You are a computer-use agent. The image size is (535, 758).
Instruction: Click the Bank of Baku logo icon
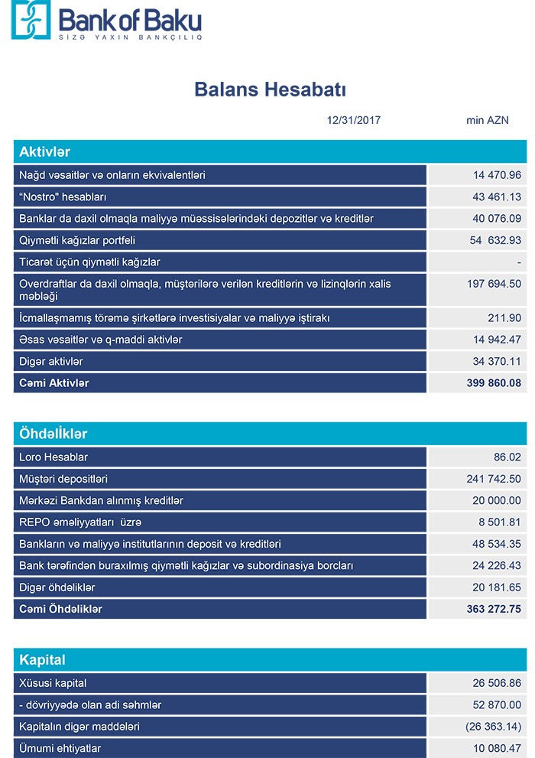30,21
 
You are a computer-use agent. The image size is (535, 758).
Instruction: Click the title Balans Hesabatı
271,90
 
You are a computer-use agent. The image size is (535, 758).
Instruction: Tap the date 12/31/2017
353,120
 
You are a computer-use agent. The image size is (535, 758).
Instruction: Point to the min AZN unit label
487,120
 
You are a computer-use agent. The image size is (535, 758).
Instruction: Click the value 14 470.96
497,175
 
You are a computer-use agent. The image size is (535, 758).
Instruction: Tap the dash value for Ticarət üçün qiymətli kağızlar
518,262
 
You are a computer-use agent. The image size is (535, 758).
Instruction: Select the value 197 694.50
494,284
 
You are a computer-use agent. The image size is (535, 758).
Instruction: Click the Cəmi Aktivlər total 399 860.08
494,382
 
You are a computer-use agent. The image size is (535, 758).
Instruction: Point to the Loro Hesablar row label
53,457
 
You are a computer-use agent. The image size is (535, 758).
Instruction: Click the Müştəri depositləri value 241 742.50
494,479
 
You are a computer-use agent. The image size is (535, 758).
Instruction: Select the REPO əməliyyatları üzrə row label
80,522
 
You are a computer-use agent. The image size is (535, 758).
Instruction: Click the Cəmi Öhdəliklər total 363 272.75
494,610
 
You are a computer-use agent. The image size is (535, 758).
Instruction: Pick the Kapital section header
42,659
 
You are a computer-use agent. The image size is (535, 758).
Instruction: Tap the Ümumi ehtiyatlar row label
60,748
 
